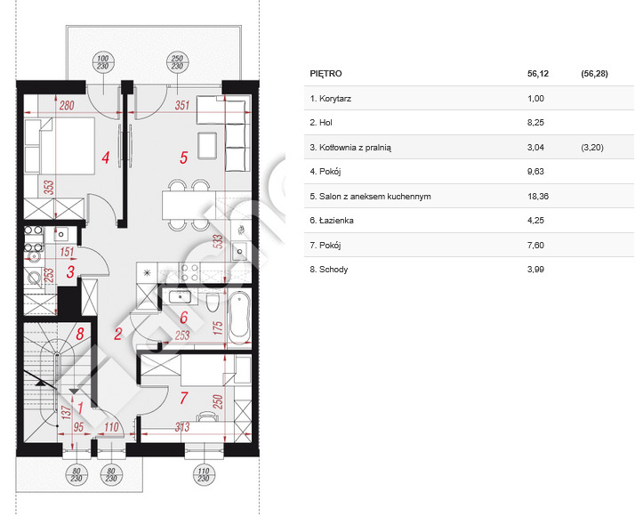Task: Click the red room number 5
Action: point(183,158)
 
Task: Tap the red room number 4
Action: point(106,158)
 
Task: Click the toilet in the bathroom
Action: point(213,303)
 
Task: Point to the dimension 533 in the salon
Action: point(218,241)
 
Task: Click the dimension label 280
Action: point(67,106)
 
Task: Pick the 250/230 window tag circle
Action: point(177,63)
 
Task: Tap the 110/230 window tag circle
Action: point(204,475)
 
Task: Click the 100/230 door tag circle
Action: point(103,63)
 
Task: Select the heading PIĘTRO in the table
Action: point(326,74)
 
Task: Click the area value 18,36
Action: point(538,196)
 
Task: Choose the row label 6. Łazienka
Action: point(332,221)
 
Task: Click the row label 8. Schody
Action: point(329,270)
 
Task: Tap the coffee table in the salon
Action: point(208,146)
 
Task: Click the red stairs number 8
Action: point(80,335)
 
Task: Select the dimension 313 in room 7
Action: point(182,426)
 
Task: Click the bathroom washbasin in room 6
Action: point(180,297)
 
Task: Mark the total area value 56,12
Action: point(538,74)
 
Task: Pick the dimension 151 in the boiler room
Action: point(67,252)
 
